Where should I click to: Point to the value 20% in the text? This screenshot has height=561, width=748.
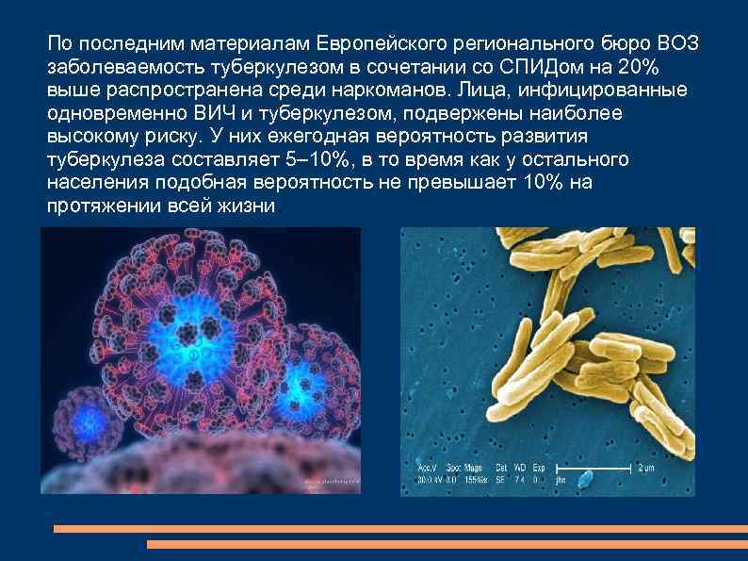coord(651,67)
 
